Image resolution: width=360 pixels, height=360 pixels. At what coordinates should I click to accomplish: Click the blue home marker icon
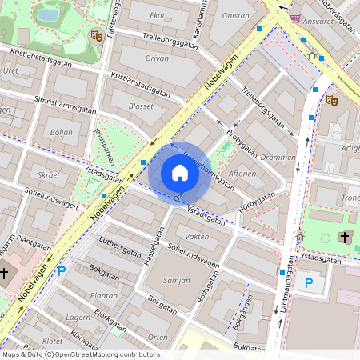[180, 173]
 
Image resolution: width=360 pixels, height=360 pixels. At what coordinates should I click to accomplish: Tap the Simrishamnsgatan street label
[66, 106]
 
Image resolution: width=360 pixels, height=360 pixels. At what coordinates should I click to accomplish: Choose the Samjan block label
[176, 281]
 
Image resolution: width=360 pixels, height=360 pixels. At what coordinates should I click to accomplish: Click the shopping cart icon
[296, 18]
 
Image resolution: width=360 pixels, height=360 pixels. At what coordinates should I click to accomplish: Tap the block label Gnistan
[235, 15]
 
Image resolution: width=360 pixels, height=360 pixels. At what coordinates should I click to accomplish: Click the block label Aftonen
[242, 174]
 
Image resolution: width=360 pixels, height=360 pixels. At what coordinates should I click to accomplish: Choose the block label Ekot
[158, 15]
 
